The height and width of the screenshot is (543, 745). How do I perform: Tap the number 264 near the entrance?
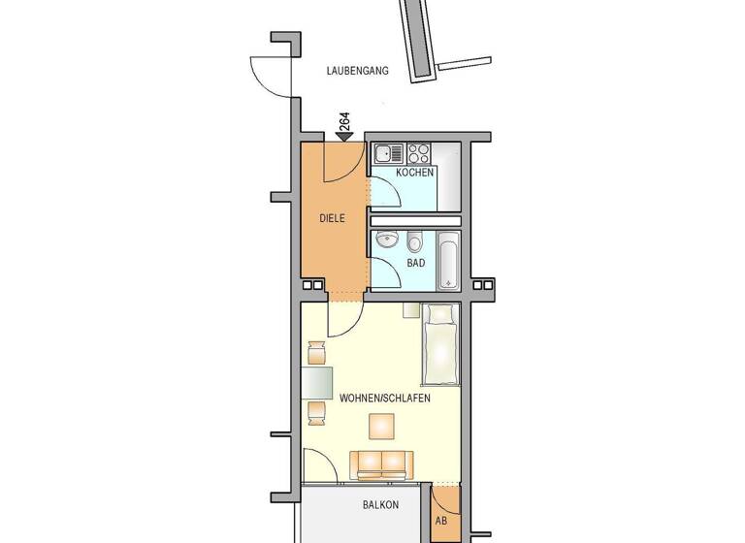coord(344,122)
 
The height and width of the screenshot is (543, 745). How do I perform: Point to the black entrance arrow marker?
coord(343,138)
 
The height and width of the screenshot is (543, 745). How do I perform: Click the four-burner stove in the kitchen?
coord(419,153)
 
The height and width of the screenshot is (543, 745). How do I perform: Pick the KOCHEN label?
coord(414,173)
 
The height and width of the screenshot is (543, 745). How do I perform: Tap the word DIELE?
coord(333,218)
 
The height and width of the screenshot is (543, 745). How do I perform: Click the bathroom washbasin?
coord(387,240)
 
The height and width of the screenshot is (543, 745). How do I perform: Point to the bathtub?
coord(448,259)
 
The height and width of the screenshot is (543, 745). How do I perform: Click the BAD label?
coord(415,263)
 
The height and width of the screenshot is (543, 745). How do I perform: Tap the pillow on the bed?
coord(440,314)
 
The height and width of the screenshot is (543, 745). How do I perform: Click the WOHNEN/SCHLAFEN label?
coord(385,399)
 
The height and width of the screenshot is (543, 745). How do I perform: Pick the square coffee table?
coord(381,427)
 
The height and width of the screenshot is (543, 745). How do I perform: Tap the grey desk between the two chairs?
coord(316,383)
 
